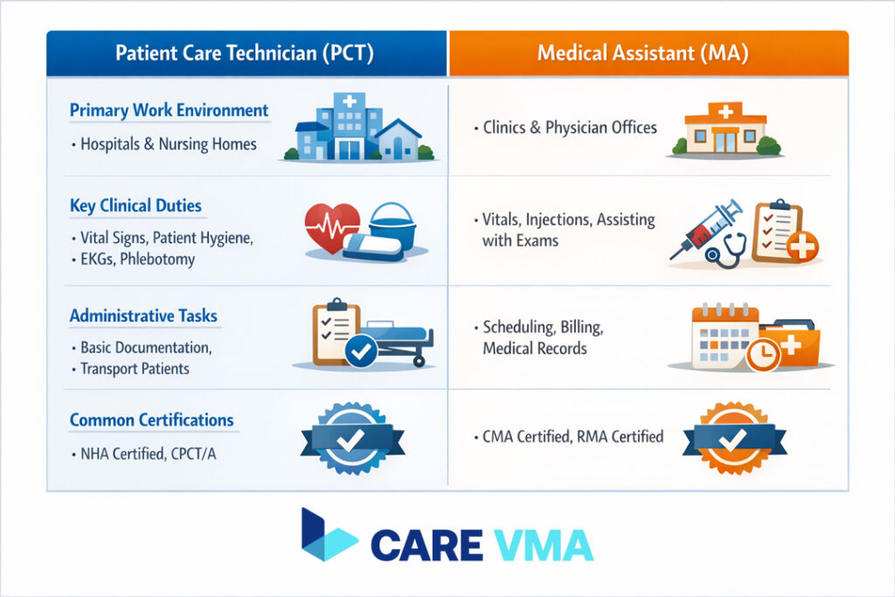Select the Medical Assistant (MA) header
tap(648, 53)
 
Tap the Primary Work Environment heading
tap(169, 111)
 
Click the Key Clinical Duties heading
tap(135, 206)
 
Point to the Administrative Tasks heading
tap(143, 316)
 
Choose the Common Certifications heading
tap(151, 420)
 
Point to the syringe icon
tap(706, 229)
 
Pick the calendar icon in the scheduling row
tap(724, 337)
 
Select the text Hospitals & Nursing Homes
tap(168, 143)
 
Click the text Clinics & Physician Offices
tap(569, 128)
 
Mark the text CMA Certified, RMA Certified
tap(572, 436)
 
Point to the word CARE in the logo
tap(426, 545)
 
